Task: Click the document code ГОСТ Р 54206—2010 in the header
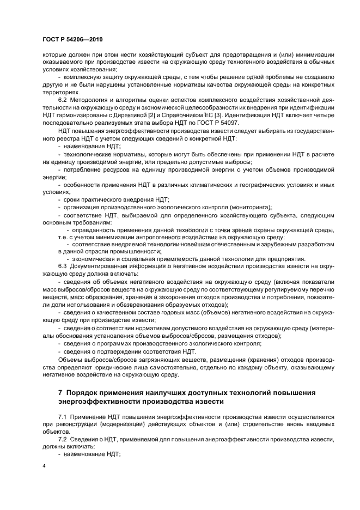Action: tap(72, 40)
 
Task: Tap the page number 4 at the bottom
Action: tap(44, 466)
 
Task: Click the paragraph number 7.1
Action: tap(64, 416)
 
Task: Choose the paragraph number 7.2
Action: tap(64, 438)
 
